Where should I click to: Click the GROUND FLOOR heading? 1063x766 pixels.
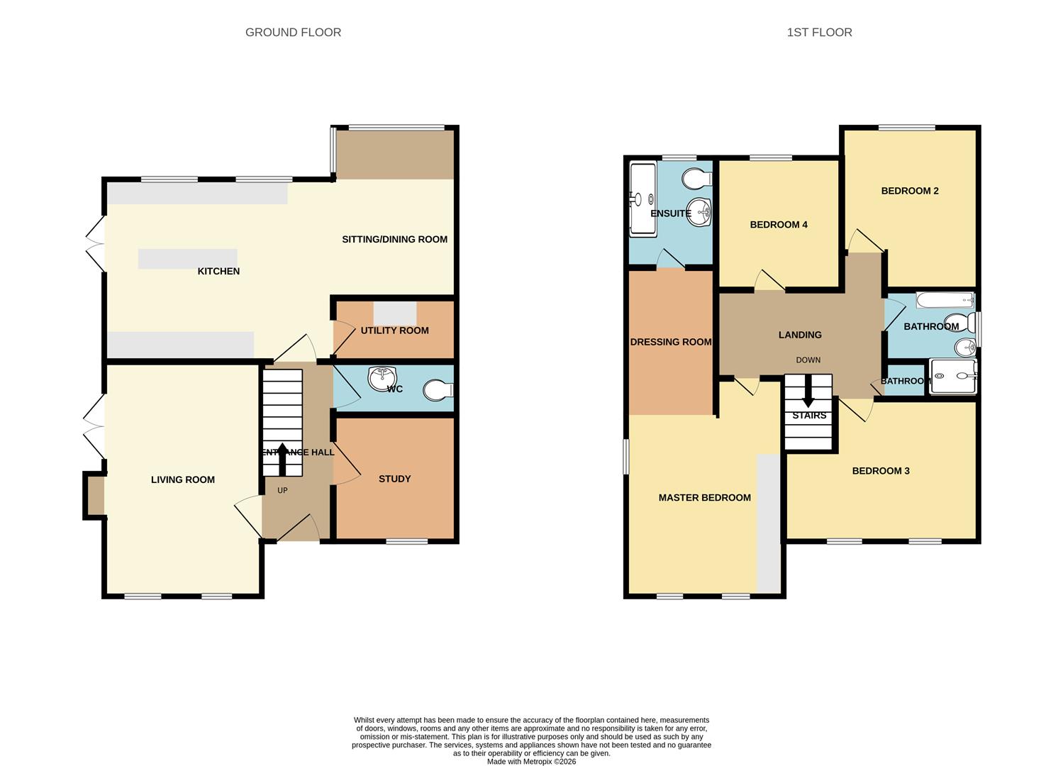click(293, 33)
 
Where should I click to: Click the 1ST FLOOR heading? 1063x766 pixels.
click(819, 33)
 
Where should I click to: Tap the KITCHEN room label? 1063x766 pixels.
click(218, 272)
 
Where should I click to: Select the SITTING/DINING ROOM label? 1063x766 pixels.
click(394, 240)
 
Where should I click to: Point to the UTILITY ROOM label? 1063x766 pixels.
click(394, 331)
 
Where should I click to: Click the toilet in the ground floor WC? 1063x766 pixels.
click(437, 390)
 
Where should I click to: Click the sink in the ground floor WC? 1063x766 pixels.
click(382, 377)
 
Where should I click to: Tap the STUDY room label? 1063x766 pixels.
click(394, 479)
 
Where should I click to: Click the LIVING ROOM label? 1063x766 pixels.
click(182, 480)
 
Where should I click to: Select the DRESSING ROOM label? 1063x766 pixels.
click(671, 342)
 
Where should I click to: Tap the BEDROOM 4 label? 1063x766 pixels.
click(779, 225)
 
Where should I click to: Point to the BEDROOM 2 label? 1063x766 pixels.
click(910, 191)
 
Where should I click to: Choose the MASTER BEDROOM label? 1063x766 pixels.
click(704, 498)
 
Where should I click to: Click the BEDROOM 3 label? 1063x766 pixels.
click(881, 471)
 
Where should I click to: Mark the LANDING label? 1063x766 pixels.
click(800, 335)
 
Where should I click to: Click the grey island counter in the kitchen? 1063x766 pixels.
click(187, 259)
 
